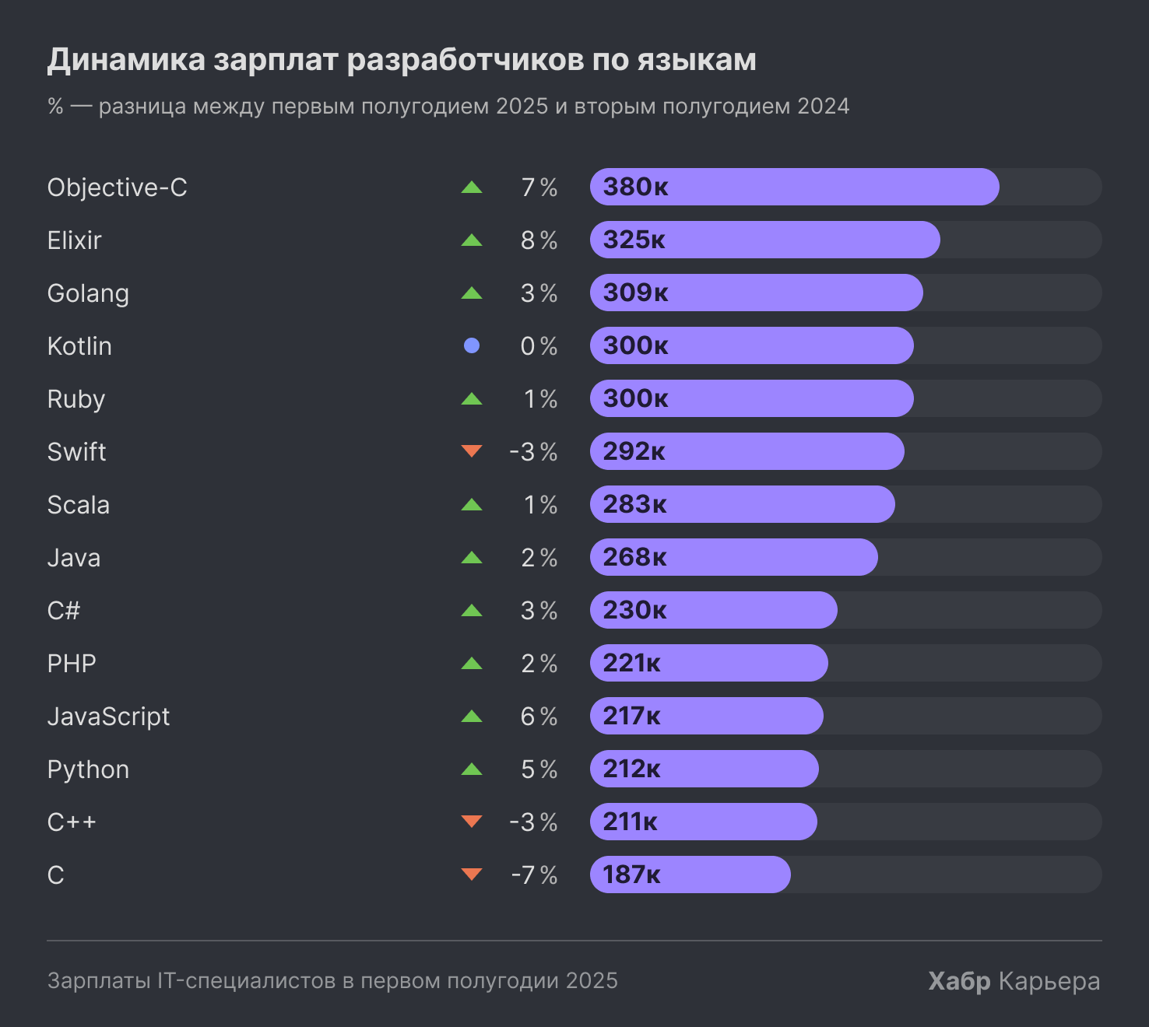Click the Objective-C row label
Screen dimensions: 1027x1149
(117, 188)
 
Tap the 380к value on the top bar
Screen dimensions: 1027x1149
(635, 187)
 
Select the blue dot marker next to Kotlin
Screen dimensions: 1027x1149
(471, 345)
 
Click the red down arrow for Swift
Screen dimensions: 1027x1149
(471, 450)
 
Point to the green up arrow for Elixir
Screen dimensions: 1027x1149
(471, 240)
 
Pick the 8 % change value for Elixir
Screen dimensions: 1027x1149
(539, 240)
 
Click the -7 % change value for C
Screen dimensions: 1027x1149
(534, 875)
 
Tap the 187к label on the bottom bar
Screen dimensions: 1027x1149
(631, 875)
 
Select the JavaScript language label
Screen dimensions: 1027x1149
(108, 717)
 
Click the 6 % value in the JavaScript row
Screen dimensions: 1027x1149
(539, 717)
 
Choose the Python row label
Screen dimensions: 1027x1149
(88, 769)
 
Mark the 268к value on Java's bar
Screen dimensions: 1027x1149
(634, 557)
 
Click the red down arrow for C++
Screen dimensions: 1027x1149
(471, 821)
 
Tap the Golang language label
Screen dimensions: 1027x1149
(88, 293)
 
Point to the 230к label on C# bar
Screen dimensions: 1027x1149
(634, 610)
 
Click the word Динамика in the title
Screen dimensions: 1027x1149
(126, 60)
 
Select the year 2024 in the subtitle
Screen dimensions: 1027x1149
(823, 106)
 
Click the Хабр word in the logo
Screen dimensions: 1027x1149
(959, 981)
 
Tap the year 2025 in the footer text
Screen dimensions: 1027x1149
(592, 980)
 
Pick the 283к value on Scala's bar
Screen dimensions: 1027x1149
(634, 504)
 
